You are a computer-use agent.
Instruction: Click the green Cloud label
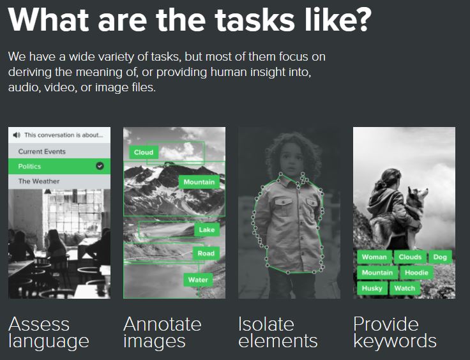point(144,153)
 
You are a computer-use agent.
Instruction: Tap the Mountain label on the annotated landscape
point(199,182)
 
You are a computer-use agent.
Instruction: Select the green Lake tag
point(207,230)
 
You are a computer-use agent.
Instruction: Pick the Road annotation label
point(206,253)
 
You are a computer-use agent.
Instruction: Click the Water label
point(198,280)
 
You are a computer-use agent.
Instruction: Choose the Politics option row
point(59,166)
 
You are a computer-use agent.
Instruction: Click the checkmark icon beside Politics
point(100,166)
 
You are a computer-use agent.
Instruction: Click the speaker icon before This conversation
point(17,135)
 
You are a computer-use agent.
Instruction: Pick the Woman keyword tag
point(374,257)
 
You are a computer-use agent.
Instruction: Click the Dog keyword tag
point(440,257)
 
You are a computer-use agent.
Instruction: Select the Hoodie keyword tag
point(416,273)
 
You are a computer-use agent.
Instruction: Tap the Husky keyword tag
point(372,288)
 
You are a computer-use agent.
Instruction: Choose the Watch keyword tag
point(405,288)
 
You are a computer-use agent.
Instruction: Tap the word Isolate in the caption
point(266,324)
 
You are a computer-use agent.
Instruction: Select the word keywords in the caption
point(395,341)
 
